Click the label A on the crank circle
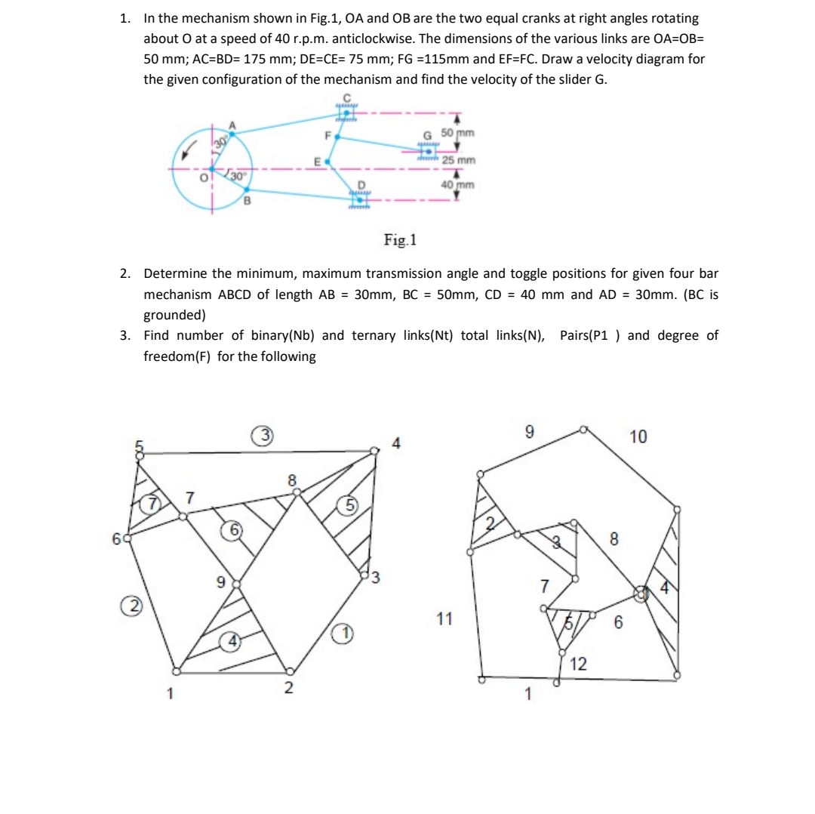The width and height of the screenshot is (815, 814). click(232, 125)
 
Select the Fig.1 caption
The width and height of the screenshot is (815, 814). click(400, 241)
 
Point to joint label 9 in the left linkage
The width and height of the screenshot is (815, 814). click(220, 582)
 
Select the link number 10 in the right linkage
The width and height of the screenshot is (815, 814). click(638, 436)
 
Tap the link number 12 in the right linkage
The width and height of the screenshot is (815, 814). click(579, 664)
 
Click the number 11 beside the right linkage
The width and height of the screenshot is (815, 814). click(444, 619)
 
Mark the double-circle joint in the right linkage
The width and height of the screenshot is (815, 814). click(641, 594)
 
